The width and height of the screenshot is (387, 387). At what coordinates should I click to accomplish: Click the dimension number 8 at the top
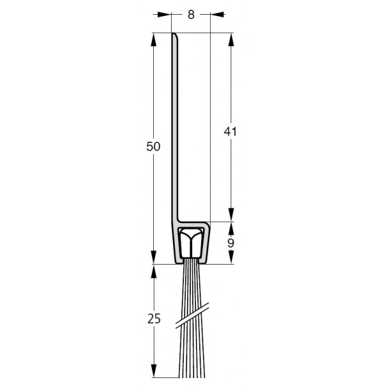point(191,15)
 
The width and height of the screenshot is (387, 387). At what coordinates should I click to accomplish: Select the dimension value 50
point(153,147)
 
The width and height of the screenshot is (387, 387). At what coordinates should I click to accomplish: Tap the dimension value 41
point(230,131)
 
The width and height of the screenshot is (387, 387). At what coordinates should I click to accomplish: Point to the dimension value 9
point(231,243)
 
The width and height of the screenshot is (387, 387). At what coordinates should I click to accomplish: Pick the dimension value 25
point(154,318)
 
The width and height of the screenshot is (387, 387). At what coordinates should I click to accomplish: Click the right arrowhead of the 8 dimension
point(217,15)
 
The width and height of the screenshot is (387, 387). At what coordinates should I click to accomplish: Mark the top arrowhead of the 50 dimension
point(154,40)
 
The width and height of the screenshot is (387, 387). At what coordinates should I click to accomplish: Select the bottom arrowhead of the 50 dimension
point(154,257)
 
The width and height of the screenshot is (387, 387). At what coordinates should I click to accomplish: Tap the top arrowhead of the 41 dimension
point(231,40)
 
